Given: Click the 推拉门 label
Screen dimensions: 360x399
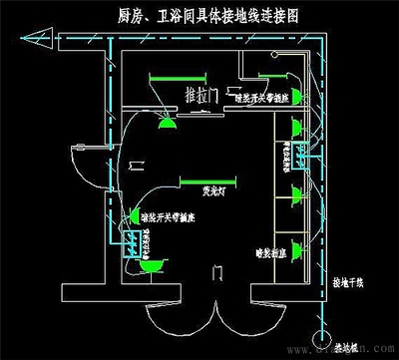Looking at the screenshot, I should pos(204,96).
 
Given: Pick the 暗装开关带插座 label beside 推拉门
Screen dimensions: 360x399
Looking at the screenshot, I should pos(261,99).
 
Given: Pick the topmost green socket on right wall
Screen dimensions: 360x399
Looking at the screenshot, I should pos(296,125).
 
